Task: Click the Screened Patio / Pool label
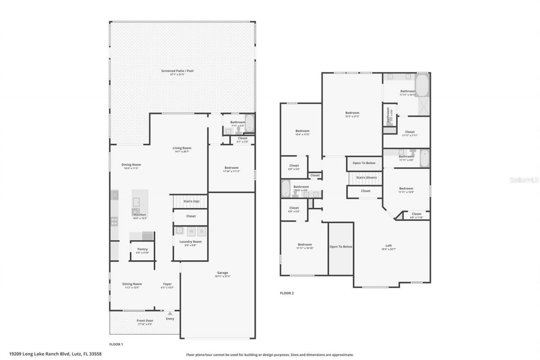click(177, 71)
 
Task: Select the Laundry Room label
click(190, 242)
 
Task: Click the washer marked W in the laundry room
click(191, 231)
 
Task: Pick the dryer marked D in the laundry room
click(202, 231)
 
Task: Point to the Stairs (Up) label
click(191, 201)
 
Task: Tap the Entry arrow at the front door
click(170, 314)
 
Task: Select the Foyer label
click(167, 284)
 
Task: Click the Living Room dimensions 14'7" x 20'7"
click(182, 152)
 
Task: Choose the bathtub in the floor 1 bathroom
click(249, 124)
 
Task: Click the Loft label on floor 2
click(389, 246)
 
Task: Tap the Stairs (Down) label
click(366, 178)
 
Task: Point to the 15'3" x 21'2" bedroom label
click(352, 113)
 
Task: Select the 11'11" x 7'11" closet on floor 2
click(410, 132)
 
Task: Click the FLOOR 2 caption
click(287, 293)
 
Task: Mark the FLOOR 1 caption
click(116, 344)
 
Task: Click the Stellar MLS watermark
click(524, 180)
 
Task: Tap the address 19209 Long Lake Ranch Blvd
click(55, 354)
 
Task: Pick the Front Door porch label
click(145, 321)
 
